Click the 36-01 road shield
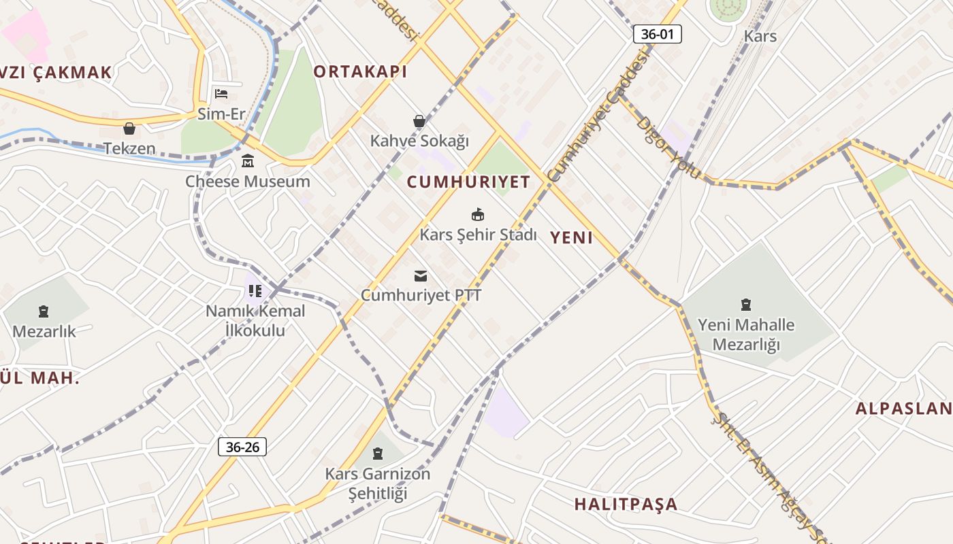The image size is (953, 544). [x=657, y=34]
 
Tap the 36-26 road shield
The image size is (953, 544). [x=242, y=447]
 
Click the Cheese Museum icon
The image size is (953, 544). [x=248, y=162]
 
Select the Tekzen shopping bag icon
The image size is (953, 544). [x=129, y=129]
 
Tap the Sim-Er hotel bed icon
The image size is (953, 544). [x=221, y=94]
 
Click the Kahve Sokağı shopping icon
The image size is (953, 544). [x=419, y=122]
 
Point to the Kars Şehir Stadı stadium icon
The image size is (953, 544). [x=478, y=215]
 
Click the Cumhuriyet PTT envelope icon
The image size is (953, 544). [x=421, y=275]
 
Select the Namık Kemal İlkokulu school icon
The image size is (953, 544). [x=255, y=291]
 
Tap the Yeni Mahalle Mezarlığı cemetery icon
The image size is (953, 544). [x=746, y=305]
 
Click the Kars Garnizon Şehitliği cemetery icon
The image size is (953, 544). [x=378, y=454]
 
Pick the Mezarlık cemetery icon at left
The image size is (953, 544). [x=44, y=312]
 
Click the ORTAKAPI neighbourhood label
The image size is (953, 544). [x=360, y=71]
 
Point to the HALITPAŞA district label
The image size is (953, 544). [x=626, y=504]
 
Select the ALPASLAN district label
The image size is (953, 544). [x=903, y=409]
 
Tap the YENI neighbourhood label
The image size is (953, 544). [x=571, y=237]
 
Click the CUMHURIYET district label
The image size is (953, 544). [x=468, y=182]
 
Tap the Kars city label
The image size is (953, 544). [x=760, y=36]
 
